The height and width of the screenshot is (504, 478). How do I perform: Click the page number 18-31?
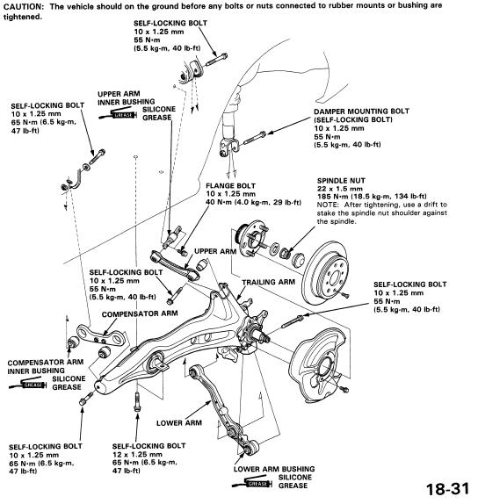[x=447, y=490]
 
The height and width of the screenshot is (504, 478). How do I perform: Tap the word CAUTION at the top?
[x=23, y=6]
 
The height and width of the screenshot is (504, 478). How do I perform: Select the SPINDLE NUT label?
[x=341, y=181]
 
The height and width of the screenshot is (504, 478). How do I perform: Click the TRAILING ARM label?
[x=268, y=282]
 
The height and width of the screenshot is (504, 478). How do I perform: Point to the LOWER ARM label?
[x=179, y=423]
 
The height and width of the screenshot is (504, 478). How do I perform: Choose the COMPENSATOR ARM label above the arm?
[x=140, y=313]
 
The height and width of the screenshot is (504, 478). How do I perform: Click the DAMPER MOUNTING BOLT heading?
[x=361, y=112]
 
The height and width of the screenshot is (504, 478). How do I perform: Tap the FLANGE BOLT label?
[x=230, y=186]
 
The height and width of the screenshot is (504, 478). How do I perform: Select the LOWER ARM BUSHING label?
[x=274, y=469]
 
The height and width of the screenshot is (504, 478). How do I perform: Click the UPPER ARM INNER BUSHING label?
[x=127, y=98]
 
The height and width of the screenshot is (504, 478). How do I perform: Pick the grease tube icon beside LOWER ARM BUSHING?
[x=253, y=483]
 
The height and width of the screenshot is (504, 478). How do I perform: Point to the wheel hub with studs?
[x=252, y=238]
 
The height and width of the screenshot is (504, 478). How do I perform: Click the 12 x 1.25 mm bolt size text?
[x=137, y=455]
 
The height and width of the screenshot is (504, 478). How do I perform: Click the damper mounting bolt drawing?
[x=254, y=138]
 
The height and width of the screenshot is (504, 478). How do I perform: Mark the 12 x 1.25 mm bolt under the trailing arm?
[x=137, y=401]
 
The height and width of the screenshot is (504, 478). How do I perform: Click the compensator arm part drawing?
[x=100, y=335]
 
